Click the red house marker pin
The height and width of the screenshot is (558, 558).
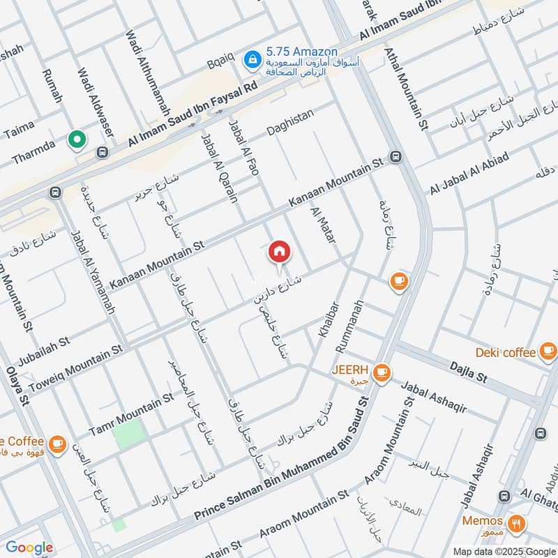point(279,252)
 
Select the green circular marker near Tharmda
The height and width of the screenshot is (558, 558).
point(76,140)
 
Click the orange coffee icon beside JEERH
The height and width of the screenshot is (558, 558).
point(381,372)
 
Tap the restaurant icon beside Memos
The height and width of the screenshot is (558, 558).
point(516,522)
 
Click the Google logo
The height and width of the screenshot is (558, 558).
point(29,548)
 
